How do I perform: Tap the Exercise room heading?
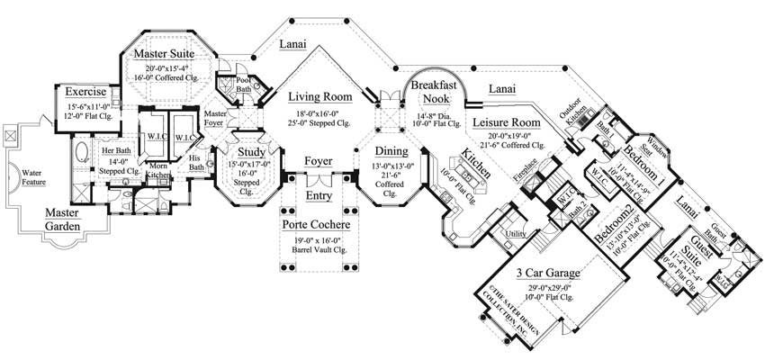click(81, 92)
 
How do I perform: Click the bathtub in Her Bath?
click(78, 149)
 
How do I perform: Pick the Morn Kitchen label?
click(157, 171)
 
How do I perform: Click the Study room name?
click(251, 139)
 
